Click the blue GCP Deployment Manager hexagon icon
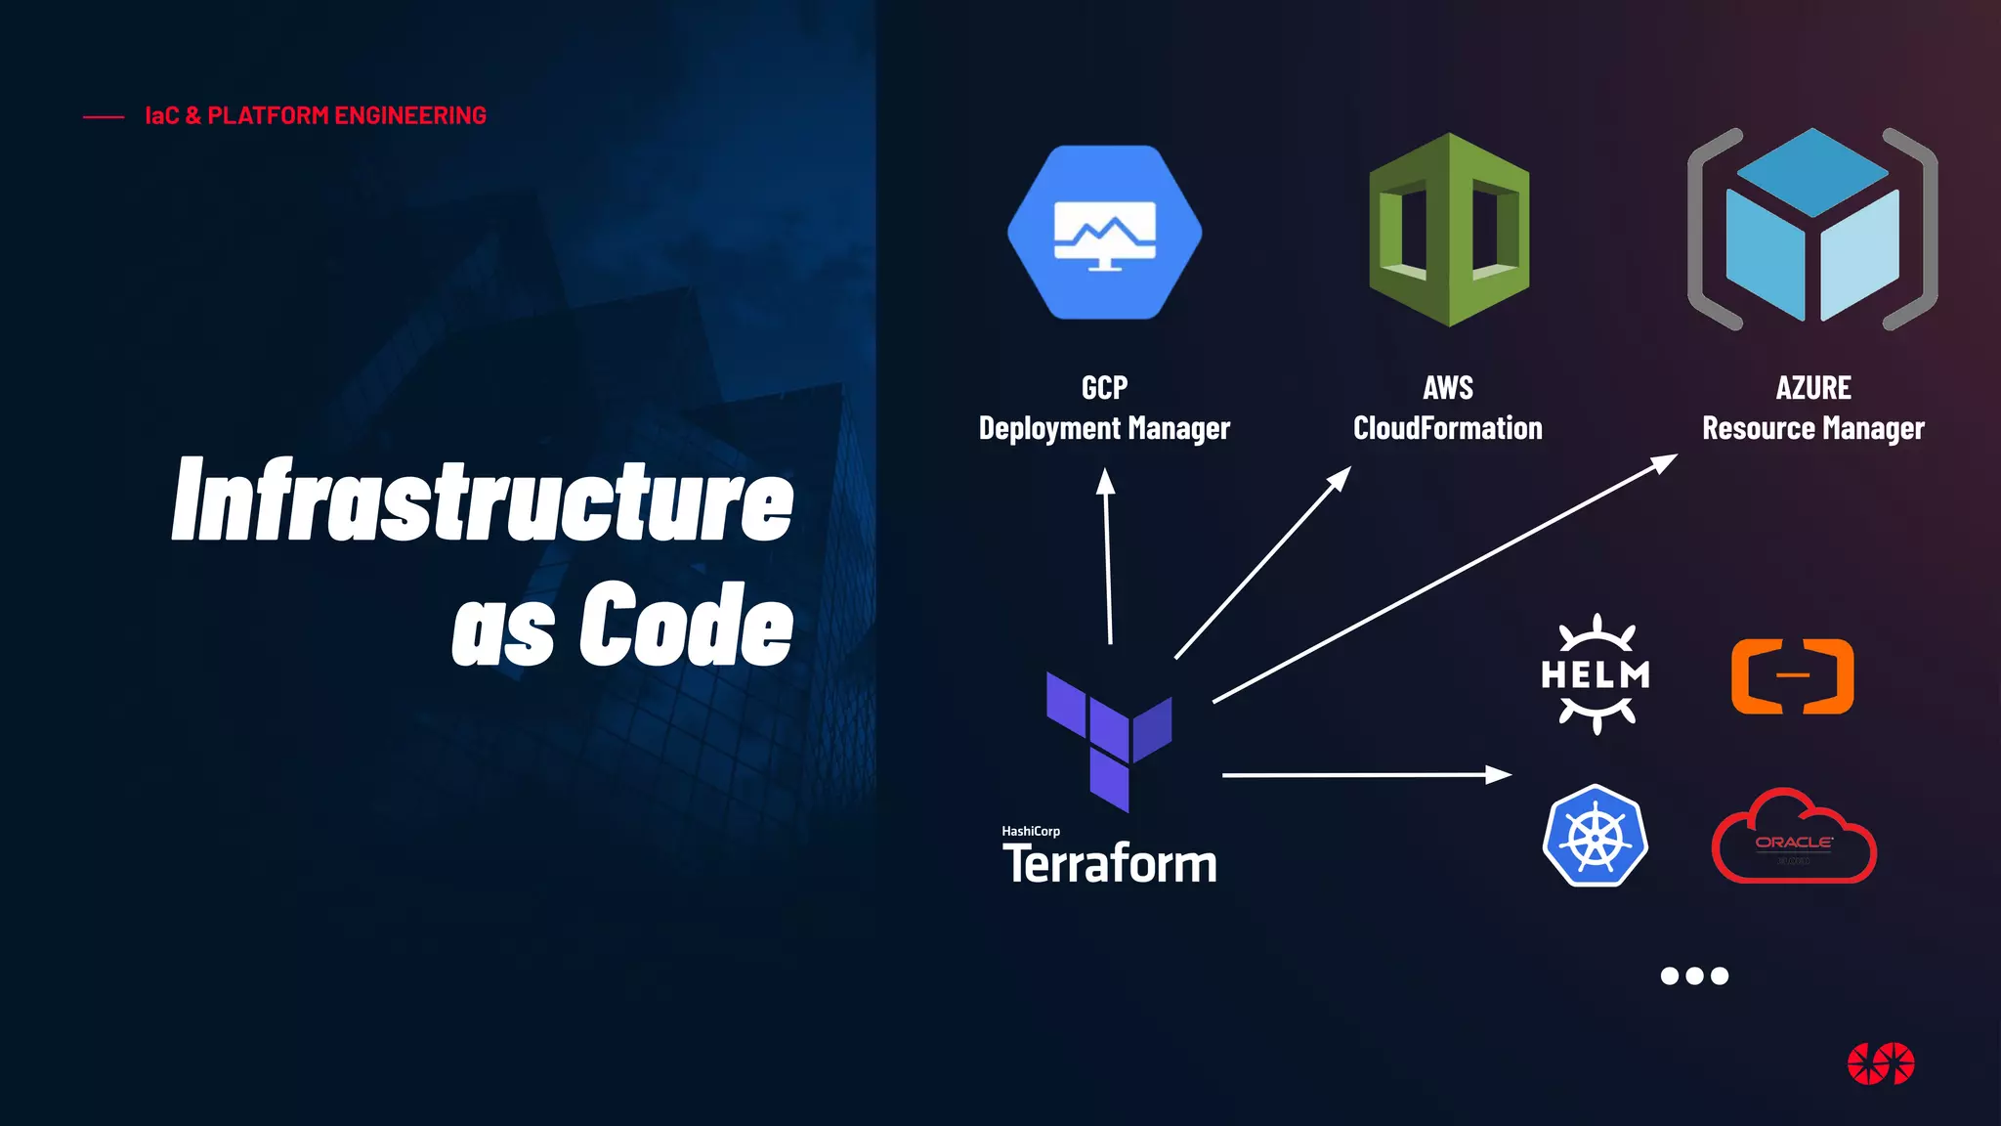pyautogui.click(x=1104, y=233)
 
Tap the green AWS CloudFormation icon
pyautogui.click(x=1449, y=231)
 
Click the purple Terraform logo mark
pyautogui.click(x=1108, y=739)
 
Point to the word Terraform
pyautogui.click(x=1110, y=864)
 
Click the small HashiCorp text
pyautogui.click(x=1030, y=831)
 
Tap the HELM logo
pyautogui.click(x=1595, y=674)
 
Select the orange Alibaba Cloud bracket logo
pyautogui.click(x=1792, y=676)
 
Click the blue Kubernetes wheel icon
pyautogui.click(x=1595, y=837)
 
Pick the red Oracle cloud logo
pyautogui.click(x=1794, y=839)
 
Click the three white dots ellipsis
pyautogui.click(x=1694, y=975)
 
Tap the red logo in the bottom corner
pyautogui.click(x=1881, y=1063)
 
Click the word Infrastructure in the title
pyautogui.click(x=483, y=500)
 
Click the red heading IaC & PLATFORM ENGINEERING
pyautogui.click(x=315, y=115)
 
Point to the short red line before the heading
pyautogui.click(x=104, y=117)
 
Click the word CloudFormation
pyautogui.click(x=1447, y=428)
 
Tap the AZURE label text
pyautogui.click(x=1812, y=388)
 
